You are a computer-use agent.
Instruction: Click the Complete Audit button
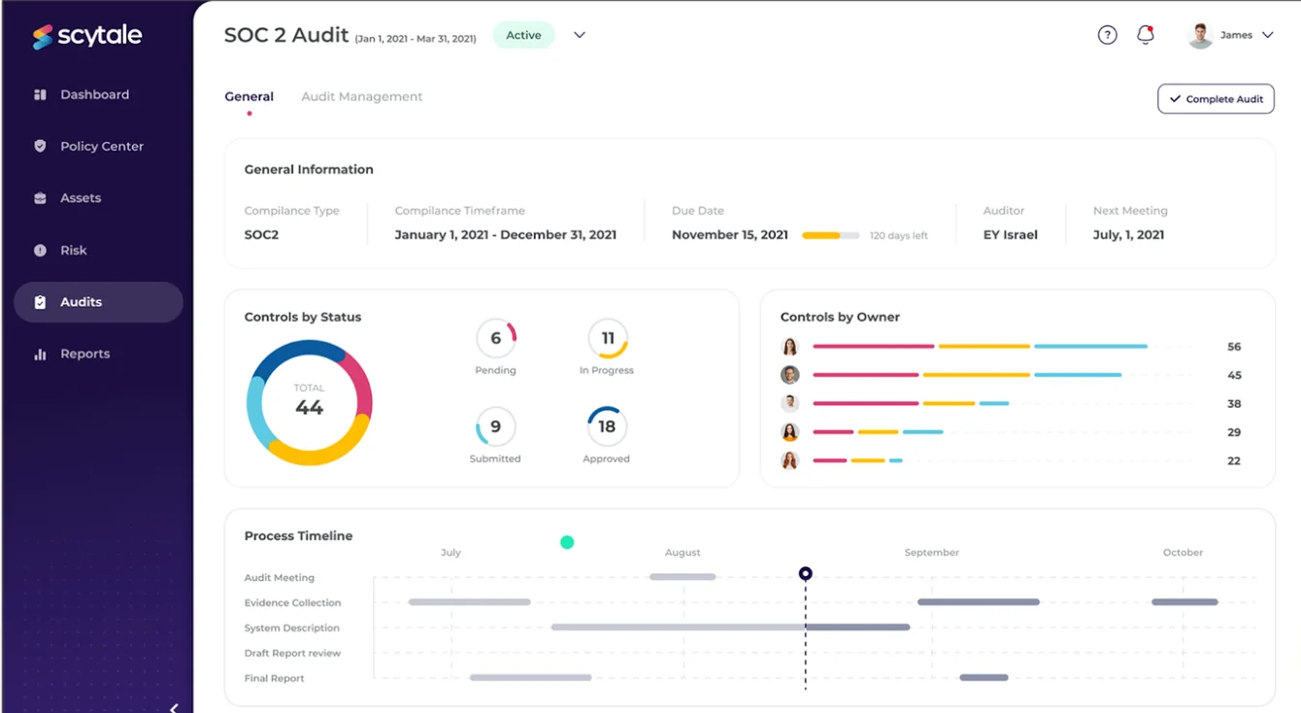(1216, 99)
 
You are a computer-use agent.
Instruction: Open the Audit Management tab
(361, 96)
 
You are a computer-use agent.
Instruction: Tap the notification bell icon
(1145, 35)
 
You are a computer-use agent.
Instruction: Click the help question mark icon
(1107, 35)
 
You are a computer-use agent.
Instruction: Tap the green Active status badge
(523, 35)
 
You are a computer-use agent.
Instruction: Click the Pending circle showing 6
(495, 338)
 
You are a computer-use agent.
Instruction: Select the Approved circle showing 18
(607, 425)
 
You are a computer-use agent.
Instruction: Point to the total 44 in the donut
(309, 407)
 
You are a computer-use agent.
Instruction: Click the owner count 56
(1234, 347)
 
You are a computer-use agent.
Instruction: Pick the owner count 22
(1234, 460)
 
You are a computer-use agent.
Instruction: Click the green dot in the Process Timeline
(567, 542)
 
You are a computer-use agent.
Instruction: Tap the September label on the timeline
(932, 552)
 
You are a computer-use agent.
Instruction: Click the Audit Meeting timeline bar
(683, 577)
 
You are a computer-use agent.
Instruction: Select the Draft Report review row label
(292, 653)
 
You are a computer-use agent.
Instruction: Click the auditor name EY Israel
(1010, 235)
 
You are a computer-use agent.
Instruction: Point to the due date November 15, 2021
(729, 235)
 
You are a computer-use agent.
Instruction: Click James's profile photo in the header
(1200, 35)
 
